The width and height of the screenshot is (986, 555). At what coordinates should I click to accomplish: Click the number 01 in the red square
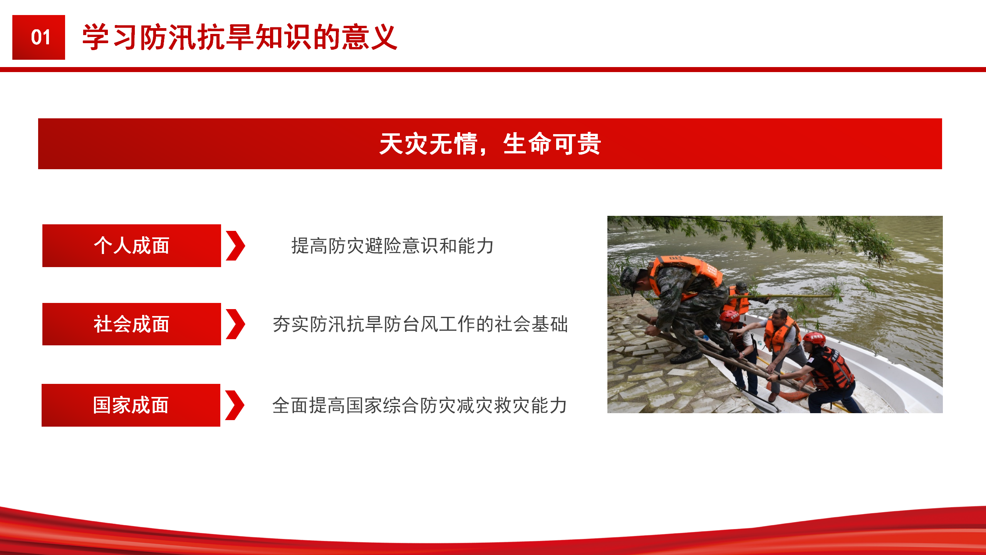coord(40,37)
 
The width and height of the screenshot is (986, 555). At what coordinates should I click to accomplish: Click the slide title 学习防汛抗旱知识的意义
coord(240,37)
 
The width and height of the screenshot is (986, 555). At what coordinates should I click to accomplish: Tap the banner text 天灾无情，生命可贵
coord(490,144)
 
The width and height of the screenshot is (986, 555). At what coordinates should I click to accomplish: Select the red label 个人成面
coord(132,246)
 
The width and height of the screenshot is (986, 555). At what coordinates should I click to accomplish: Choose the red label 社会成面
coord(132,324)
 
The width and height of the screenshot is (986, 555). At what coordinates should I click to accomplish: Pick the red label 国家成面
coord(131,405)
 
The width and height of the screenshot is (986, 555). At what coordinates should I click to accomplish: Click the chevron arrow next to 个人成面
coord(235,246)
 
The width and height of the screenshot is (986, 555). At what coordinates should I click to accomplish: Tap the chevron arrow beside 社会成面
coord(235,324)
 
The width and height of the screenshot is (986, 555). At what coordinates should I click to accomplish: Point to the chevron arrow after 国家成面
coord(235,405)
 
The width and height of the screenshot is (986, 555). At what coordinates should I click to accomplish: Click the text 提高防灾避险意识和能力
coord(392,246)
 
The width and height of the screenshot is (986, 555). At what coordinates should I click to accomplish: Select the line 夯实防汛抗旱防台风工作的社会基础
coord(420,324)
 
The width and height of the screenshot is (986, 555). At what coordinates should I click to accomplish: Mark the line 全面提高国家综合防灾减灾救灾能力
coord(419,405)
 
